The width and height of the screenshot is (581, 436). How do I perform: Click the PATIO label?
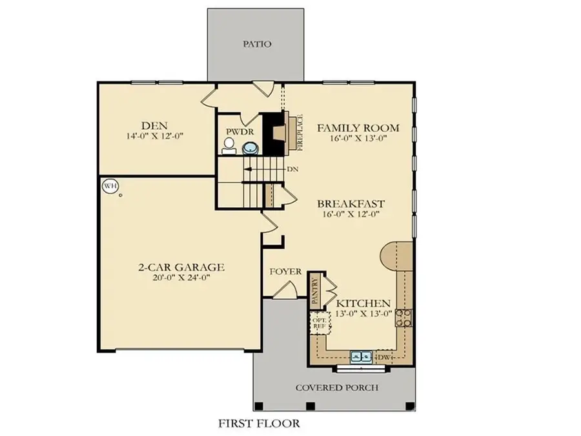tap(256, 45)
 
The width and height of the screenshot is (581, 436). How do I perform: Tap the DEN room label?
tap(155, 125)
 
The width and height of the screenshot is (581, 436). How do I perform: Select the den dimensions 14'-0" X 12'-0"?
tap(155, 136)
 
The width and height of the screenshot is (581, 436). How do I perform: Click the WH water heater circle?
tap(110, 186)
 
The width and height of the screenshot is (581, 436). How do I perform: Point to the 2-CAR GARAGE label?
tap(181, 267)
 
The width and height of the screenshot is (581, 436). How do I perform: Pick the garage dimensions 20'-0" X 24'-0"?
tap(181, 278)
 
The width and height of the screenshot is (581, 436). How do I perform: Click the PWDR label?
tap(234, 131)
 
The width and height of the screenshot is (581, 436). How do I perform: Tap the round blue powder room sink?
tap(249, 149)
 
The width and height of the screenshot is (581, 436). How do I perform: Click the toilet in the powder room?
tap(227, 149)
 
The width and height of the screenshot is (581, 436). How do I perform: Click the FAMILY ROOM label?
tap(358, 128)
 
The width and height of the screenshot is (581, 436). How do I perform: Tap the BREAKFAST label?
tap(351, 203)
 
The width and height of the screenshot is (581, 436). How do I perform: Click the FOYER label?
tap(285, 271)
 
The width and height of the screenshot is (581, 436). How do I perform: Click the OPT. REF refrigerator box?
tap(320, 323)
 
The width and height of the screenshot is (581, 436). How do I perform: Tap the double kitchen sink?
tap(360, 356)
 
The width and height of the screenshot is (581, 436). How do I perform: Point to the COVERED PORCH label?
tap(336, 388)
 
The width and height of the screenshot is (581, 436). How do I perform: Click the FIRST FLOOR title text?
tap(259, 424)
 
